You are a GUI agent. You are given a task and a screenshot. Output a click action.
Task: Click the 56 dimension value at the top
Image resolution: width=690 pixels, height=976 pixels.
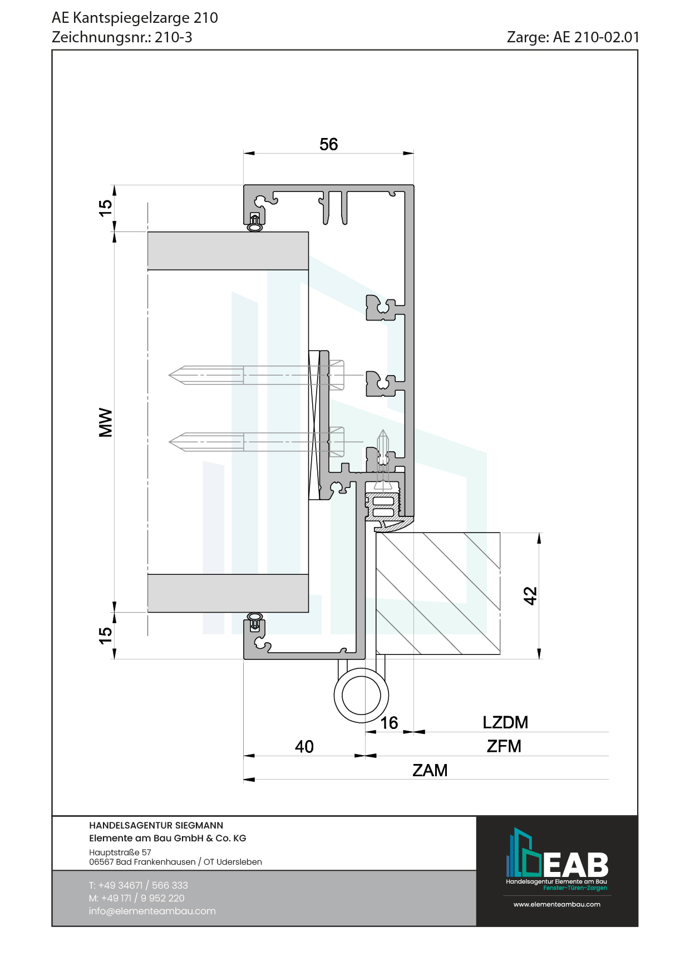pyautogui.click(x=328, y=144)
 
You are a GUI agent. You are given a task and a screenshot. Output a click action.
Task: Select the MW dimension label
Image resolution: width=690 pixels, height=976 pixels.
pyautogui.click(x=105, y=422)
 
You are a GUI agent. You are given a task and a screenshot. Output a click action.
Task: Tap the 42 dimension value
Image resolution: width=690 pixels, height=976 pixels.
pyautogui.click(x=530, y=595)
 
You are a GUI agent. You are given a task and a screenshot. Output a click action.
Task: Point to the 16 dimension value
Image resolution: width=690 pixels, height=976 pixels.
pyautogui.click(x=389, y=723)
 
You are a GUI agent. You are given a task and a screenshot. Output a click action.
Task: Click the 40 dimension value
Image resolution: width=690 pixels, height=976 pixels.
pyautogui.click(x=304, y=747)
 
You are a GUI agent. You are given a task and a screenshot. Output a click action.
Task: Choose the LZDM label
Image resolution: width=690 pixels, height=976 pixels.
pyautogui.click(x=505, y=722)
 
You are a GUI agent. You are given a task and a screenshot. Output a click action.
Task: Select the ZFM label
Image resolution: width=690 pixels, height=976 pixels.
pyautogui.click(x=504, y=746)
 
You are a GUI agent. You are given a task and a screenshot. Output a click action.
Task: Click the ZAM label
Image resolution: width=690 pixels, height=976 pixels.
pyautogui.click(x=430, y=770)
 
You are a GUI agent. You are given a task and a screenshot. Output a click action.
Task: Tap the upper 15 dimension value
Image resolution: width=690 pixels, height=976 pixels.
pyautogui.click(x=105, y=208)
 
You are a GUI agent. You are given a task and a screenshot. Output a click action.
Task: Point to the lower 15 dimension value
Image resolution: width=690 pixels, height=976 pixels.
pyautogui.click(x=105, y=635)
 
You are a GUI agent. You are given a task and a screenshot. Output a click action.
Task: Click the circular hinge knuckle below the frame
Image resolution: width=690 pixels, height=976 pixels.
pyautogui.click(x=361, y=696)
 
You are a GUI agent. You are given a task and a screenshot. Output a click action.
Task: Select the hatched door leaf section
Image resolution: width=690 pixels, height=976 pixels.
pyautogui.click(x=438, y=593)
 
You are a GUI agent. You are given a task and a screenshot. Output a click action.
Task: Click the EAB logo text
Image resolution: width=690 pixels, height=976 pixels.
pyautogui.click(x=575, y=865)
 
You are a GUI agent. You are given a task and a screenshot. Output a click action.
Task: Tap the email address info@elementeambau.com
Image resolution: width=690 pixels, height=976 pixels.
pyautogui.click(x=152, y=911)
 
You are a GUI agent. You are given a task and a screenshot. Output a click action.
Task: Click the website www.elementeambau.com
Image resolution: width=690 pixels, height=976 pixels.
pyautogui.click(x=557, y=904)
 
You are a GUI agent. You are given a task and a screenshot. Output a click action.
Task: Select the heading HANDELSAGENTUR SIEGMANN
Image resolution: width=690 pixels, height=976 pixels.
pyautogui.click(x=156, y=825)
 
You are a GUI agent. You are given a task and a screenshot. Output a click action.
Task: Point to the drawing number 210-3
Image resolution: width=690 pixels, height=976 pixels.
pyautogui.click(x=173, y=37)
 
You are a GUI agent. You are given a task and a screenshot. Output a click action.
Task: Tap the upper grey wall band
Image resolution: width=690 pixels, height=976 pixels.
pyautogui.click(x=228, y=251)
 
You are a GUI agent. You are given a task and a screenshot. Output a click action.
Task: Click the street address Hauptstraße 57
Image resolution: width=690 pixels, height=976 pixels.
pyautogui.click(x=120, y=852)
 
